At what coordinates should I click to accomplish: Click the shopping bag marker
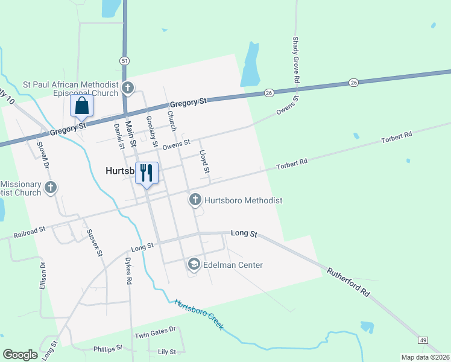[82, 106]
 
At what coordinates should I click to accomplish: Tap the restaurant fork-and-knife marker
[147, 174]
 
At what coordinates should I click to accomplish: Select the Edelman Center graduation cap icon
[194, 264]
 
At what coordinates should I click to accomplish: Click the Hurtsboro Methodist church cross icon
[195, 200]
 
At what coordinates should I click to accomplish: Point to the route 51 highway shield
[124, 61]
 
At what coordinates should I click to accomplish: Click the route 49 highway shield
[423, 341]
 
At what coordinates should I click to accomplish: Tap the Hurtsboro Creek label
[199, 314]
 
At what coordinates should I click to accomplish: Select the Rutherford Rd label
[348, 282]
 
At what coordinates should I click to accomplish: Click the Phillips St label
[108, 348]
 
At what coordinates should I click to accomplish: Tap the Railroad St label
[30, 230]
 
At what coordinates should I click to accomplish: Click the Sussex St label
[95, 243]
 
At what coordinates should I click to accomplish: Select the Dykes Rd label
[128, 271]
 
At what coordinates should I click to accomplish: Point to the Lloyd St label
[204, 162]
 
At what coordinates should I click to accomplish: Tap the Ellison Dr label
[43, 276]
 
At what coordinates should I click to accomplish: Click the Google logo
[20, 354]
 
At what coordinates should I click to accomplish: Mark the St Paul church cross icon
[127, 88]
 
